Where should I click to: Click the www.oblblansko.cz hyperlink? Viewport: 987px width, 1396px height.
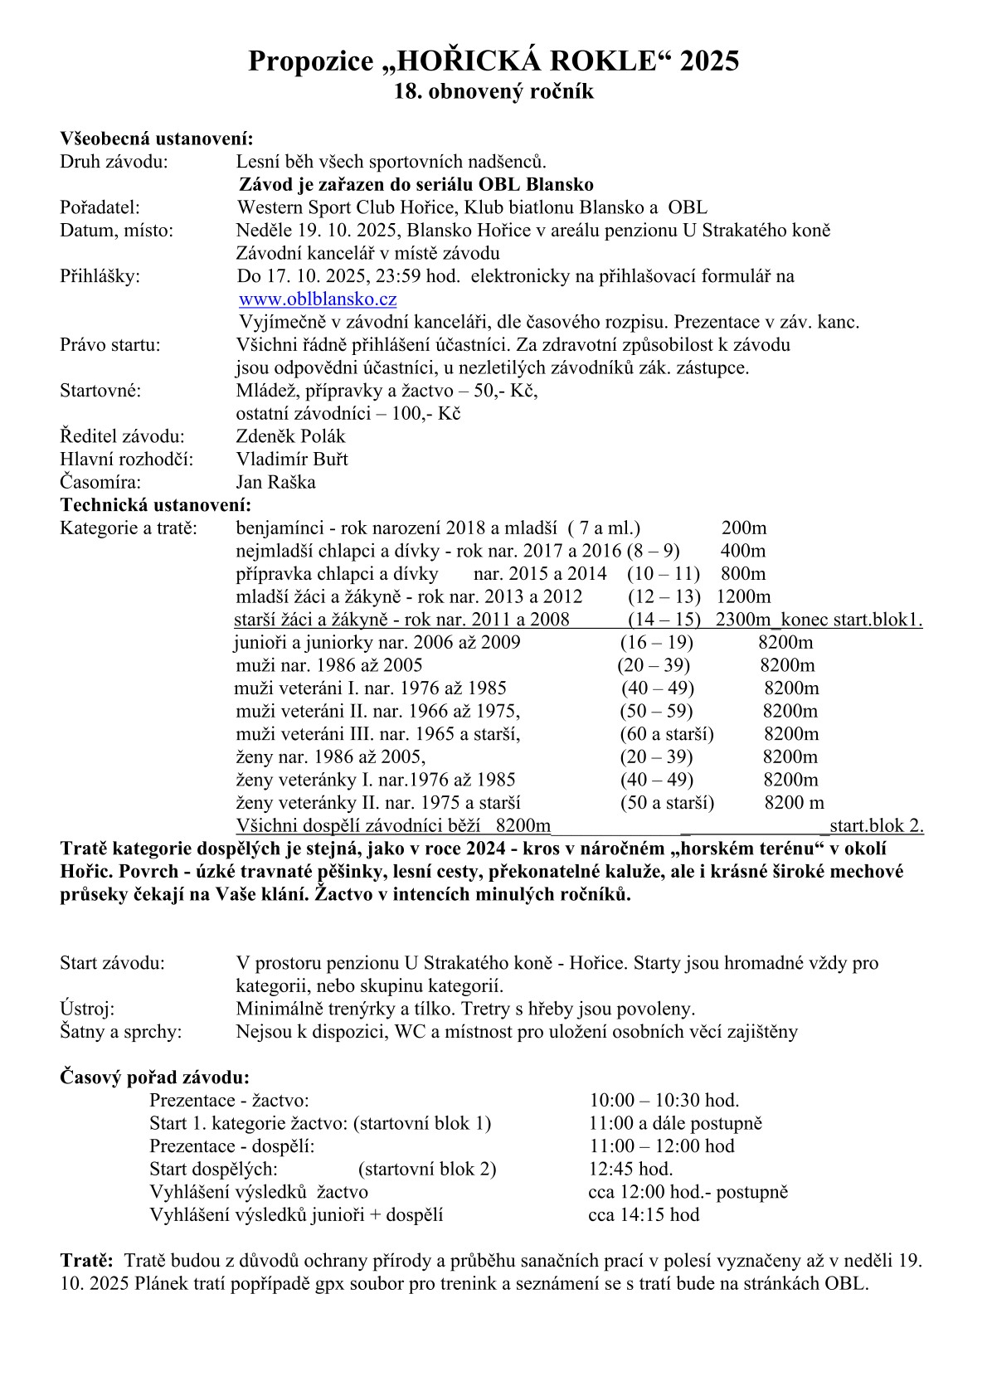click(318, 299)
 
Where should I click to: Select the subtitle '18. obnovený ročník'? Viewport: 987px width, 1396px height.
click(494, 91)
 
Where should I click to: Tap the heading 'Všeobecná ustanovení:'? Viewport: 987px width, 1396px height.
click(156, 139)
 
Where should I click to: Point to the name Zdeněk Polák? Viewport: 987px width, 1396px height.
click(290, 436)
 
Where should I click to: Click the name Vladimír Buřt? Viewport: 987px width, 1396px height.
click(292, 460)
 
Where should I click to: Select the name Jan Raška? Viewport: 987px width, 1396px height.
click(275, 482)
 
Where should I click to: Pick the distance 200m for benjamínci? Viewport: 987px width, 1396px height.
click(744, 528)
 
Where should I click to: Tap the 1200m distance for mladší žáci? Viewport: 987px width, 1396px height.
click(743, 597)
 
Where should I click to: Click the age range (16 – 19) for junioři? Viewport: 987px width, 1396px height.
click(657, 643)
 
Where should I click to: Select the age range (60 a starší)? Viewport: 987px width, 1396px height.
click(667, 734)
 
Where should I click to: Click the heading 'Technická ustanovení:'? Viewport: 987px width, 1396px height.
click(155, 504)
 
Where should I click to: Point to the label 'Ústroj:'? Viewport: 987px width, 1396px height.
click(87, 1009)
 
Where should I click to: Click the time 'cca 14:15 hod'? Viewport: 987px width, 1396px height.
click(644, 1215)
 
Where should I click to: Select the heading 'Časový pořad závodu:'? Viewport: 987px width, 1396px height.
click(154, 1077)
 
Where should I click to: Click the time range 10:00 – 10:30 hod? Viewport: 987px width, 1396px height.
click(664, 1101)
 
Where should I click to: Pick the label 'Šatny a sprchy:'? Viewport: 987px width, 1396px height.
click(120, 1032)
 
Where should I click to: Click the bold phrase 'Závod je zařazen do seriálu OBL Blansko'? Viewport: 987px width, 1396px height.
click(416, 184)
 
